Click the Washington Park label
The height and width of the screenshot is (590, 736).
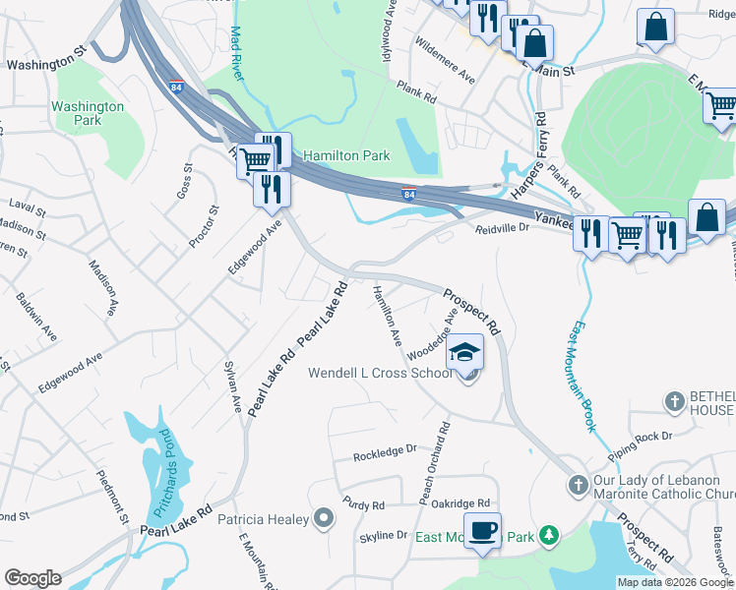(x=88, y=113)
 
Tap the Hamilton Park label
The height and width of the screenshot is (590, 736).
(x=346, y=155)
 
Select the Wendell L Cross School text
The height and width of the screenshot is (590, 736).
(x=381, y=374)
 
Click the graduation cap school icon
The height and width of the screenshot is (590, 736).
(x=465, y=352)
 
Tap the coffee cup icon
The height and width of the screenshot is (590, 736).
(x=482, y=531)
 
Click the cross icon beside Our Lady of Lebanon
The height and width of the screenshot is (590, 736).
(x=579, y=486)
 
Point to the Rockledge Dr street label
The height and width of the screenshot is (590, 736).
(x=386, y=452)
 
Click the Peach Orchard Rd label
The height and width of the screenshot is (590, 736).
(x=434, y=464)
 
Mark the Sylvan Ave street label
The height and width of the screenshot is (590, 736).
(x=234, y=387)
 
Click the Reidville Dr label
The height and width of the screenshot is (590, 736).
(x=503, y=227)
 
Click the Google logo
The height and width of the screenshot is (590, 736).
(x=32, y=578)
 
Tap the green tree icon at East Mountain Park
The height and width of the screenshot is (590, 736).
(x=548, y=536)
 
